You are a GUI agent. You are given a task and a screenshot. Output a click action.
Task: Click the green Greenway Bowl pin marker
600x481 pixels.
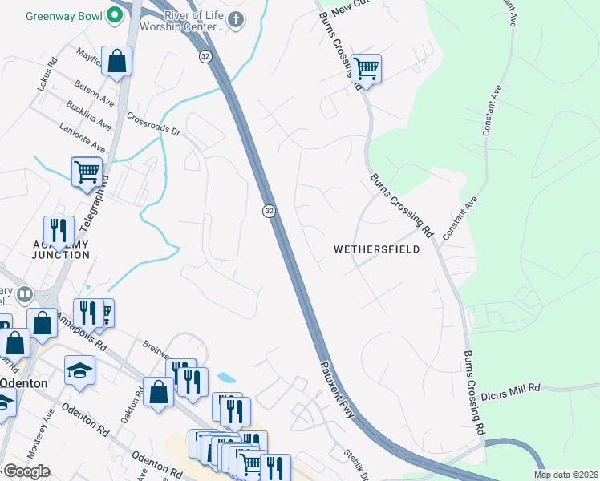(x=116, y=15)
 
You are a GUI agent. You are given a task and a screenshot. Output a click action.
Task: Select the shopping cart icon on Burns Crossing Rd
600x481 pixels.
(x=366, y=69)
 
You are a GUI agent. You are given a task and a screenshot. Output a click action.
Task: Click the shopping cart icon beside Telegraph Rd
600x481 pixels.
(x=87, y=171)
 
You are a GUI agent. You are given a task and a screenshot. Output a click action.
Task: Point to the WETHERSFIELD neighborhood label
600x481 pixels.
(x=377, y=249)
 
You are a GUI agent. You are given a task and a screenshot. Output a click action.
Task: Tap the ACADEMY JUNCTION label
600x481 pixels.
(x=50, y=249)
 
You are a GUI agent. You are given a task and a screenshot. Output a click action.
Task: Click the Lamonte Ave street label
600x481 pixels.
(x=82, y=137)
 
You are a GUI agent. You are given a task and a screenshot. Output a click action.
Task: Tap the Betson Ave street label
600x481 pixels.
(x=95, y=96)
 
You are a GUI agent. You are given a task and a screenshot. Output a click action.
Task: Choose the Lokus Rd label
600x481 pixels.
(x=44, y=73)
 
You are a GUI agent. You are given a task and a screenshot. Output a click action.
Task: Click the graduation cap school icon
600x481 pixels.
(x=80, y=370)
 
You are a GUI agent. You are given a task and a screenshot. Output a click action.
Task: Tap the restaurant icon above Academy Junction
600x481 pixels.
(x=59, y=230)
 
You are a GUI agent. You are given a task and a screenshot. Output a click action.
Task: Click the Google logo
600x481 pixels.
(x=26, y=471)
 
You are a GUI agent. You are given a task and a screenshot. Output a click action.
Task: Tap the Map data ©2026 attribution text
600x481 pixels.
(x=565, y=475)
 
